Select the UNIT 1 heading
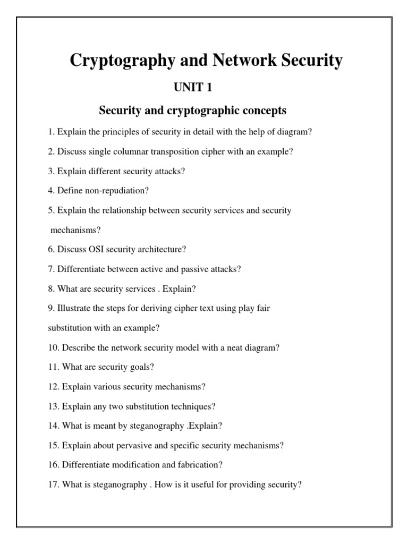point(193,88)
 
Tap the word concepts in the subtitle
point(259,110)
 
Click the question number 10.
point(53,347)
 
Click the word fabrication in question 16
point(200,465)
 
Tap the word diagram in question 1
point(293,132)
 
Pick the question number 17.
point(53,484)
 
